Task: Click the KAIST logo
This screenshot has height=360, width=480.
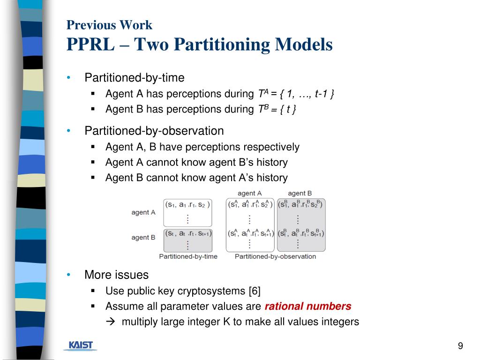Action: tap(81, 345)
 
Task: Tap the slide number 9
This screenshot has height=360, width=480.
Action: tap(460, 346)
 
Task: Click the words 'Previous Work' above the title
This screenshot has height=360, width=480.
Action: tap(109, 25)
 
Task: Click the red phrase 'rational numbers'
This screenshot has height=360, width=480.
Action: tap(308, 307)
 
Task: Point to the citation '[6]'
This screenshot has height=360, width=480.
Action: tap(255, 291)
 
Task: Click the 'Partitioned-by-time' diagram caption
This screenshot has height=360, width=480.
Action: tap(188, 256)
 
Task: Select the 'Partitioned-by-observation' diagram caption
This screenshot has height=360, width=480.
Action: tap(275, 256)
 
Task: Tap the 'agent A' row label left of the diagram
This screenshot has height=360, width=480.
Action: tap(143, 212)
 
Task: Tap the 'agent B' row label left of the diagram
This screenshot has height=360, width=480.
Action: tap(143, 237)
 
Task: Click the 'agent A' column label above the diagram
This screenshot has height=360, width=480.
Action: tap(250, 193)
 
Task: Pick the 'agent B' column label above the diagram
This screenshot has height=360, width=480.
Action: tap(300, 193)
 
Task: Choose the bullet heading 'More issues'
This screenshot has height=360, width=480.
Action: tap(116, 275)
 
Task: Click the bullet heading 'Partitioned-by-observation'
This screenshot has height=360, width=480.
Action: tap(154, 131)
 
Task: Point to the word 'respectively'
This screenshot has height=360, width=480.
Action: tap(272, 147)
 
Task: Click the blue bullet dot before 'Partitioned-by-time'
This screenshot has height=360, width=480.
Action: tap(69, 78)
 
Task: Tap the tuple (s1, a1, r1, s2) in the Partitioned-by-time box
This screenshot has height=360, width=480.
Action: tap(187, 204)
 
